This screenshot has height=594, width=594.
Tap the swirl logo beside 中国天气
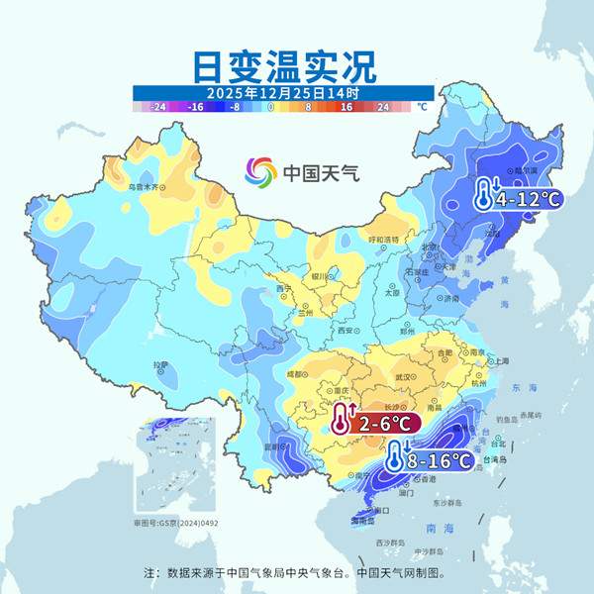261,172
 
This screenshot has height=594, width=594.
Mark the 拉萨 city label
160,365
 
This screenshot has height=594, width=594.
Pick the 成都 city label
296,374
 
